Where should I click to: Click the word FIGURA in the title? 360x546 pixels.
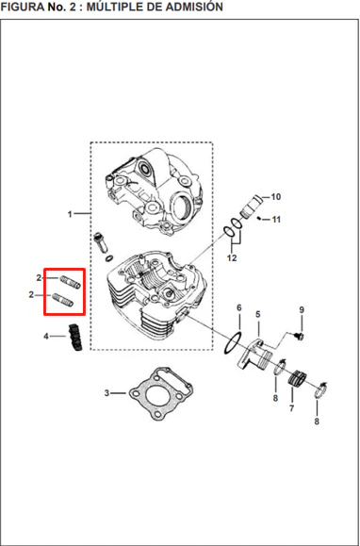click(23, 6)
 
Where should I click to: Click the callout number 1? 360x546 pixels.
click(70, 214)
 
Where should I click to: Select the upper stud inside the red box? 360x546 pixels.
click(71, 282)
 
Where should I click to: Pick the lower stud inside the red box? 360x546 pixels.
click(62, 300)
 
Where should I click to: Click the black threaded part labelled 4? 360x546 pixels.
click(75, 337)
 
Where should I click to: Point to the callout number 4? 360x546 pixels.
click(46, 337)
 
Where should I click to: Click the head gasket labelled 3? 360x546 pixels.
click(161, 393)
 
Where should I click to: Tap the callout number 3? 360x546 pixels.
click(106, 393)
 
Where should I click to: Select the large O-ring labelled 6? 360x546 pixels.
click(232, 342)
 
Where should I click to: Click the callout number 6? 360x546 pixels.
click(239, 307)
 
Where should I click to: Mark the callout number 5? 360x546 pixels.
click(257, 314)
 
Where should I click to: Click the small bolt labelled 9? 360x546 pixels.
click(299, 336)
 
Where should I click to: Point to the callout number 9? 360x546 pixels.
click(302, 309)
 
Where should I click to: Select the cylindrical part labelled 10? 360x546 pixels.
click(250, 207)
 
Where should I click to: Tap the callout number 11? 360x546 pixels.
click(276, 220)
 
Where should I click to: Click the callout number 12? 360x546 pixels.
click(232, 257)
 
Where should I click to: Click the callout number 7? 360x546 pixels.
click(291, 408)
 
